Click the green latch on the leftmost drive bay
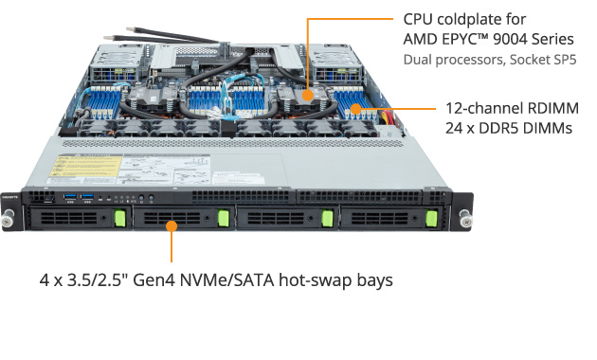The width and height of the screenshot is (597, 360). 120,219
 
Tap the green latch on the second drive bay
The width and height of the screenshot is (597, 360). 224,219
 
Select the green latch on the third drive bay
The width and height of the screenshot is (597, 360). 326,219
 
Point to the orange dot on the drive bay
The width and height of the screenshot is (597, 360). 172,225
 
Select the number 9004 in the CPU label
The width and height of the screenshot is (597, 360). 511,39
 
